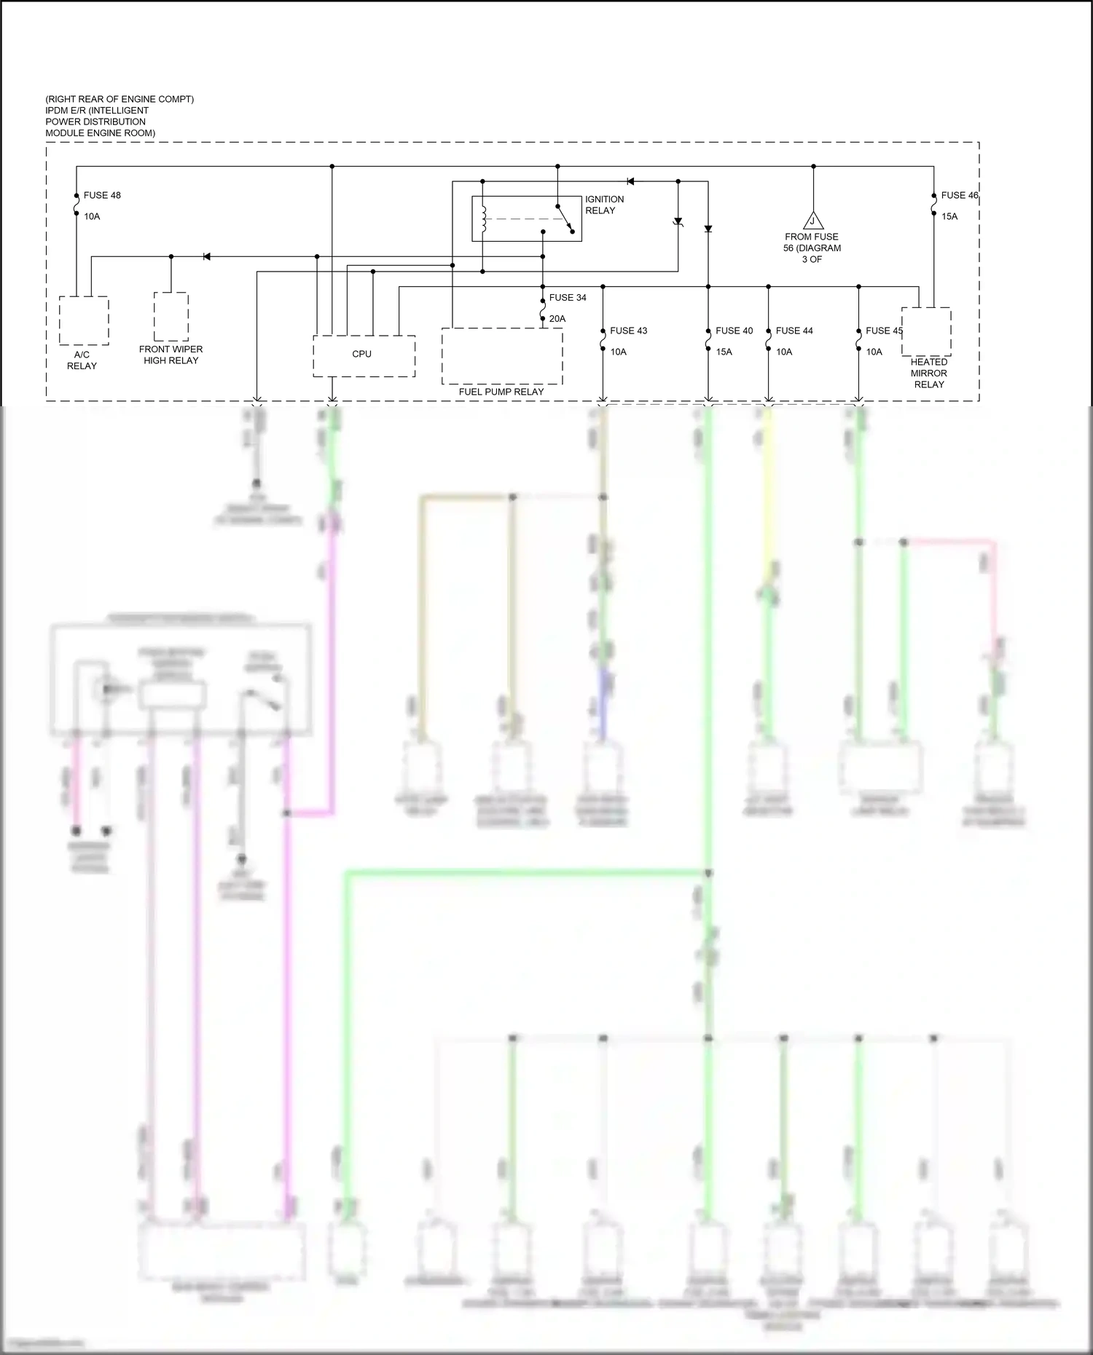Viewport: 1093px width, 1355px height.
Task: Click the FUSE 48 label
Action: coord(102,195)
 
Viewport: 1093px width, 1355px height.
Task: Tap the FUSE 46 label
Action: coord(959,195)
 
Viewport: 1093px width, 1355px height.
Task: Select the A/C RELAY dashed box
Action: coord(84,320)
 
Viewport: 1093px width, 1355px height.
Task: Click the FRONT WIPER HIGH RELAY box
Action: coord(171,316)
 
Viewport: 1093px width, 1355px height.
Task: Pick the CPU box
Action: coord(364,355)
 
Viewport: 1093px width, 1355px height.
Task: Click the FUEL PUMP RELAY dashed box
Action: coord(501,356)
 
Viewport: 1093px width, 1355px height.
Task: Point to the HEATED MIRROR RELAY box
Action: coord(926,331)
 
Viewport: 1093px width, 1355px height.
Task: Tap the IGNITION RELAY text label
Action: coord(604,205)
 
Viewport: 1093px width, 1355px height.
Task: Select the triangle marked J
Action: coord(812,221)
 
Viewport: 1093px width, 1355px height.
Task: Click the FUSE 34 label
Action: coord(568,297)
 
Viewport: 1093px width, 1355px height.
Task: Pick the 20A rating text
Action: coord(557,319)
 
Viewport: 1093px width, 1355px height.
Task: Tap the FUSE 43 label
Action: coord(628,331)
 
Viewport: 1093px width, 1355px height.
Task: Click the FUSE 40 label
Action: coord(734,331)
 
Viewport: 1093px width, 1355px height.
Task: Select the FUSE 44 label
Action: coord(794,331)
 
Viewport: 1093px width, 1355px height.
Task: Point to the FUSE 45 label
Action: coord(884,331)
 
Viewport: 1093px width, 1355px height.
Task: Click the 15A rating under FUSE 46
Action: coord(949,216)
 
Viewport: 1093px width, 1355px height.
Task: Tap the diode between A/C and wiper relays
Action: coord(206,256)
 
